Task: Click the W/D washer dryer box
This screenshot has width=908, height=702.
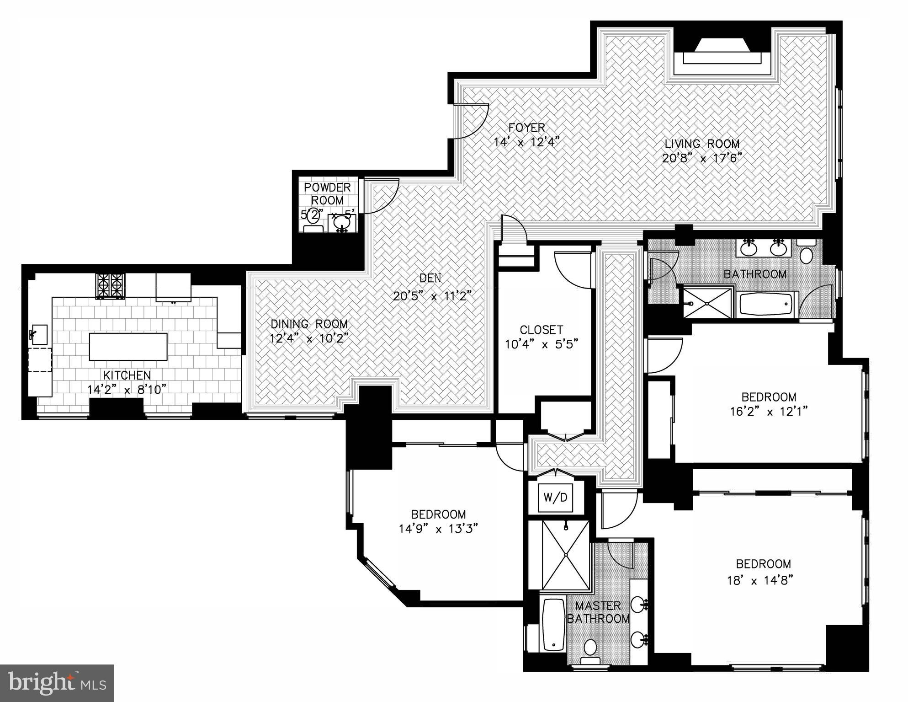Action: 555,497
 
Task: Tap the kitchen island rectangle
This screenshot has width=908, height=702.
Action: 128,347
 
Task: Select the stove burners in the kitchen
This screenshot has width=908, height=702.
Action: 110,286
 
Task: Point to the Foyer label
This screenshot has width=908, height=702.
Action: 527,127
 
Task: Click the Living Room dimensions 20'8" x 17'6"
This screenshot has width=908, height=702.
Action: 701,158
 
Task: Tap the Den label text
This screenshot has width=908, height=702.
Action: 430,278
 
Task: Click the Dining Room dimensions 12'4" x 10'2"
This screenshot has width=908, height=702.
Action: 309,339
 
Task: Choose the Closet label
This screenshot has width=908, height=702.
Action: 542,329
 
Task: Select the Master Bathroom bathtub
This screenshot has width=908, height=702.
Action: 553,624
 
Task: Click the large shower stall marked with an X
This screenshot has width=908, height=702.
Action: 566,554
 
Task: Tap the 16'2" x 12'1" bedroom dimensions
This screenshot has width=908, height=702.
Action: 769,412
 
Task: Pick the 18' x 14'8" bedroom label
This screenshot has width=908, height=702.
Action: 763,563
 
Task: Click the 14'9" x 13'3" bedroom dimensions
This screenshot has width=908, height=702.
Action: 438,529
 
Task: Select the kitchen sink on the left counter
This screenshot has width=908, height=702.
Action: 40,334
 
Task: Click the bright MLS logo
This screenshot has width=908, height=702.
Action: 57,683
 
